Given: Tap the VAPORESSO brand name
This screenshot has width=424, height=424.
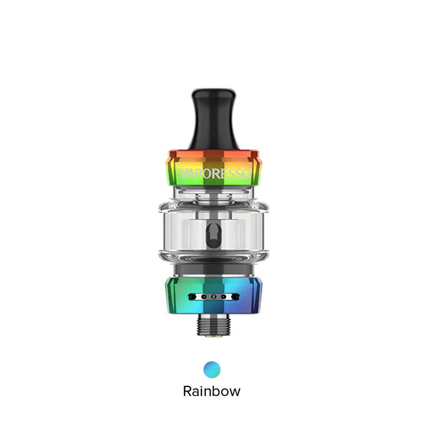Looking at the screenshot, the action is pos(216,174).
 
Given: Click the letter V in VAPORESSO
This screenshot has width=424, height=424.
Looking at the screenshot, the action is pos(184,174).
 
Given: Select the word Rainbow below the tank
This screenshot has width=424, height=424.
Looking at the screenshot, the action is pos(211,391).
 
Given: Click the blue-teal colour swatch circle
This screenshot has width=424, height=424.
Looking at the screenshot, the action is pos(212,369).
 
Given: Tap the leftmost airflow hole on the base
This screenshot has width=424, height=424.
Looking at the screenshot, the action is pos(192,297).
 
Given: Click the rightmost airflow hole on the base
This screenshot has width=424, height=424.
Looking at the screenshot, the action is pos(235,297).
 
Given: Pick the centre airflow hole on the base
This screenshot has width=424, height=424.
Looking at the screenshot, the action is pos(214,297).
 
